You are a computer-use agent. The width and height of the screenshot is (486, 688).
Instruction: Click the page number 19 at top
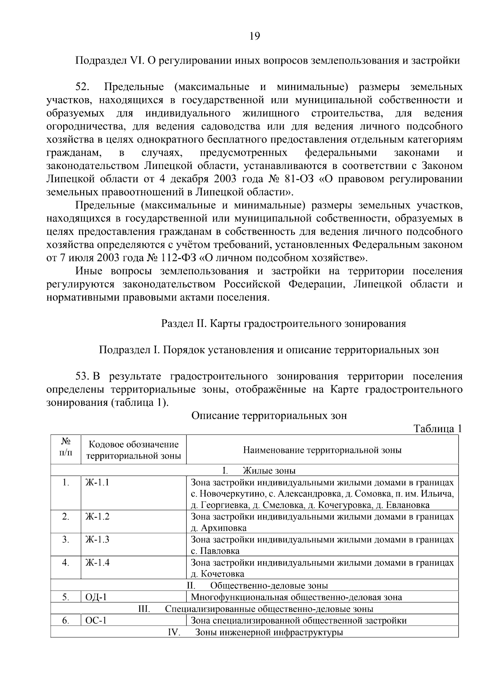click(254, 36)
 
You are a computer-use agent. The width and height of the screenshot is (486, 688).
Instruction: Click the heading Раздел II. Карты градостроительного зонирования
click(283, 324)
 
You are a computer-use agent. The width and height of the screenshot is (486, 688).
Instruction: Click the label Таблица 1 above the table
click(437, 429)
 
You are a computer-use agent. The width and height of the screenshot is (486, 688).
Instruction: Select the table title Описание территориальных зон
click(269, 416)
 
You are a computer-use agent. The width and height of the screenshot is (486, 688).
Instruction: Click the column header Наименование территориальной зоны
click(322, 450)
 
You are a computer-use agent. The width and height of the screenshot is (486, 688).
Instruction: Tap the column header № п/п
click(66, 446)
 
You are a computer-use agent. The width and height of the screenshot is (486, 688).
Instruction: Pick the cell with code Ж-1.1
click(97, 482)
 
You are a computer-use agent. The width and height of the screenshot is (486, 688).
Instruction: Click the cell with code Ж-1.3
click(97, 540)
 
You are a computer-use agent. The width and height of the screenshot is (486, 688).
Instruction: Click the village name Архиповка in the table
click(222, 528)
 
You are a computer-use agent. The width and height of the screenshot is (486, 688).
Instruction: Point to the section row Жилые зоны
click(269, 471)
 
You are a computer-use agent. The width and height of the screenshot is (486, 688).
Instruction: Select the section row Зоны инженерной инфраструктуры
click(269, 632)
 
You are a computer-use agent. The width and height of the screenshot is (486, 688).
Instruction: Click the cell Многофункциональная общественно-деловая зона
click(296, 597)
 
